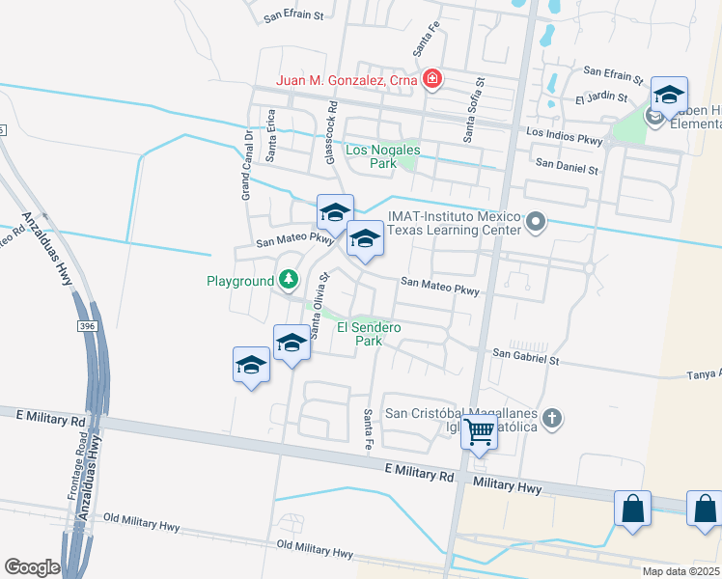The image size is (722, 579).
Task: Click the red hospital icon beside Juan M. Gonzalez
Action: (x=432, y=80)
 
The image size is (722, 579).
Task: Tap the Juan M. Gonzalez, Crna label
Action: (x=347, y=81)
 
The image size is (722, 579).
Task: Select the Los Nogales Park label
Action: (x=372, y=156)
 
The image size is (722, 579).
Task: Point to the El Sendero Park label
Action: (x=368, y=334)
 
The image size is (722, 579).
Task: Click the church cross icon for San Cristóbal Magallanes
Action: (x=551, y=418)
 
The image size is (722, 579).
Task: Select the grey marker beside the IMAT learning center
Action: (x=538, y=225)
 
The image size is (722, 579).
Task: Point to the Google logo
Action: (x=32, y=567)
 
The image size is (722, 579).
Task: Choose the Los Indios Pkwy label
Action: (x=565, y=136)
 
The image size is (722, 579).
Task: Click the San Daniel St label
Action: (x=568, y=167)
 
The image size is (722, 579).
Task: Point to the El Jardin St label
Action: (x=601, y=98)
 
